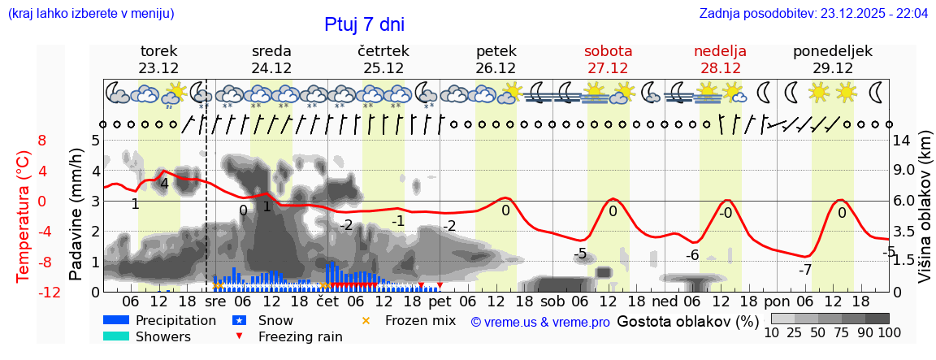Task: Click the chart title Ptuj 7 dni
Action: (x=363, y=24)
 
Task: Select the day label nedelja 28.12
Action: (x=720, y=59)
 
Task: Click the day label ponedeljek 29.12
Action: (x=832, y=59)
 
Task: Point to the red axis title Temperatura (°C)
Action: (x=24, y=215)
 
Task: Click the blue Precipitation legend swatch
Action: (x=116, y=320)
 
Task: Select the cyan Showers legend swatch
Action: (x=116, y=336)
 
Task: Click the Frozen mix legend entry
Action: (x=410, y=320)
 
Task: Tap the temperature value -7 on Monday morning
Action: (x=805, y=270)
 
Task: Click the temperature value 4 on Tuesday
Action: (x=164, y=184)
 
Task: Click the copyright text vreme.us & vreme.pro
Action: (x=540, y=322)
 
